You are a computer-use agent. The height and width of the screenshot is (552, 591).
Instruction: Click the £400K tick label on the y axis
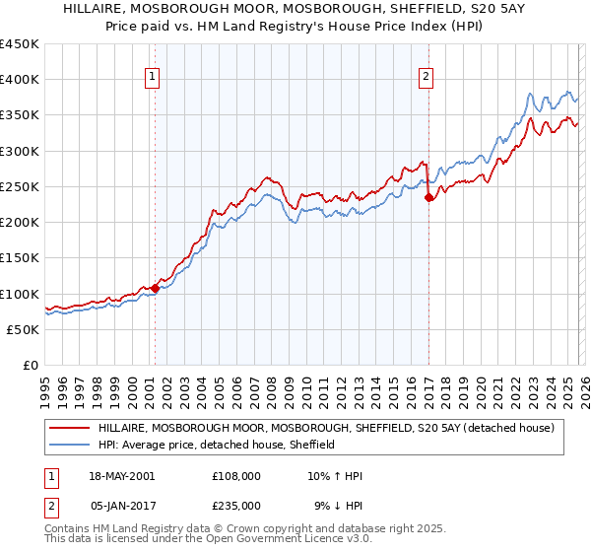click(x=20, y=80)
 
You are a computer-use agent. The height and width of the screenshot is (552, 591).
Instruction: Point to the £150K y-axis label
click(x=20, y=258)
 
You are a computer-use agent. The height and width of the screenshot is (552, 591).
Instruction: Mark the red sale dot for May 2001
click(x=155, y=289)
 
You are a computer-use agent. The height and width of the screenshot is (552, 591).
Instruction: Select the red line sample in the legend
click(x=70, y=428)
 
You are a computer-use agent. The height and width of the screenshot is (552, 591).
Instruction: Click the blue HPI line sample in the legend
click(x=70, y=445)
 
